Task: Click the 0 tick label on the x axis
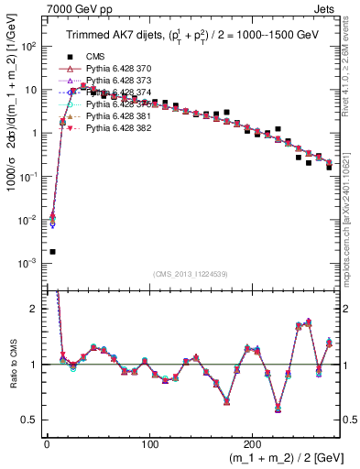point(47,442)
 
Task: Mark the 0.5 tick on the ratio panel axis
point(32,420)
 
